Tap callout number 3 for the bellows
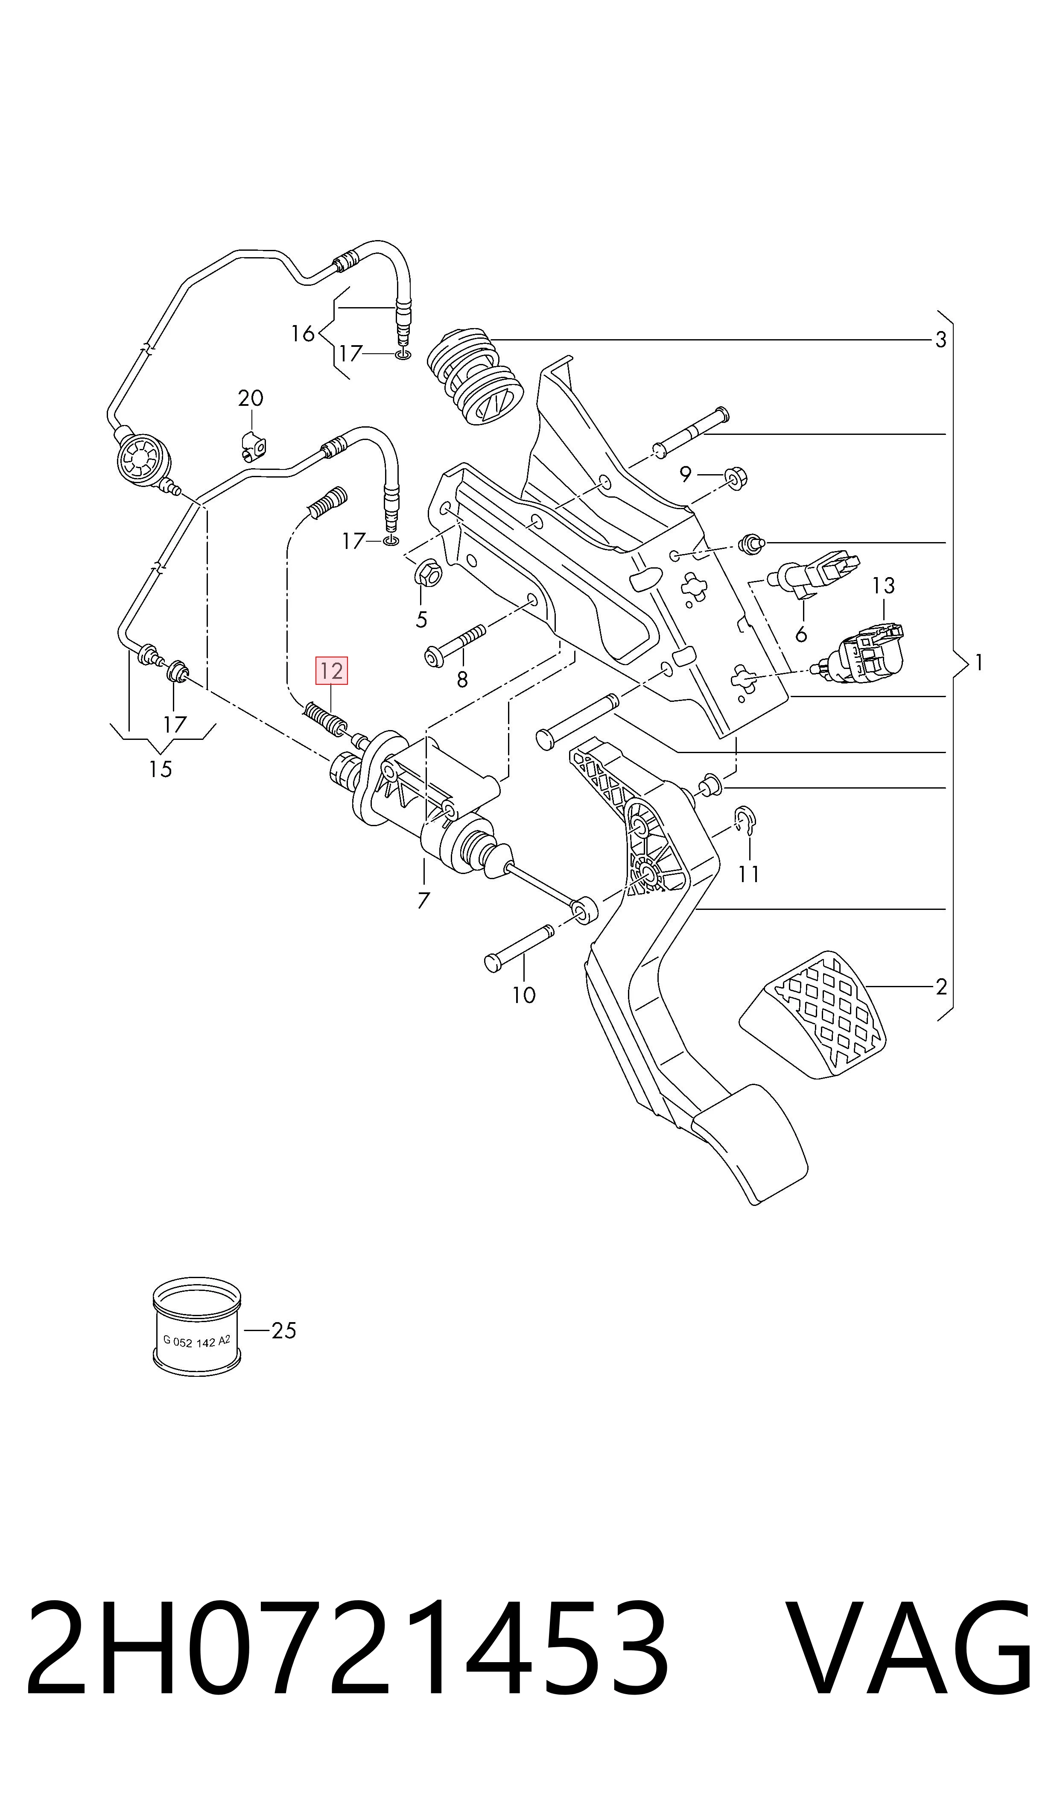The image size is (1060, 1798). [941, 340]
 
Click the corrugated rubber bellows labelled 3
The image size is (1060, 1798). [476, 377]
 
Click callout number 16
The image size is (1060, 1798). [303, 333]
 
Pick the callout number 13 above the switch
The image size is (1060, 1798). [884, 586]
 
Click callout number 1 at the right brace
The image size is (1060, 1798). [978, 663]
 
